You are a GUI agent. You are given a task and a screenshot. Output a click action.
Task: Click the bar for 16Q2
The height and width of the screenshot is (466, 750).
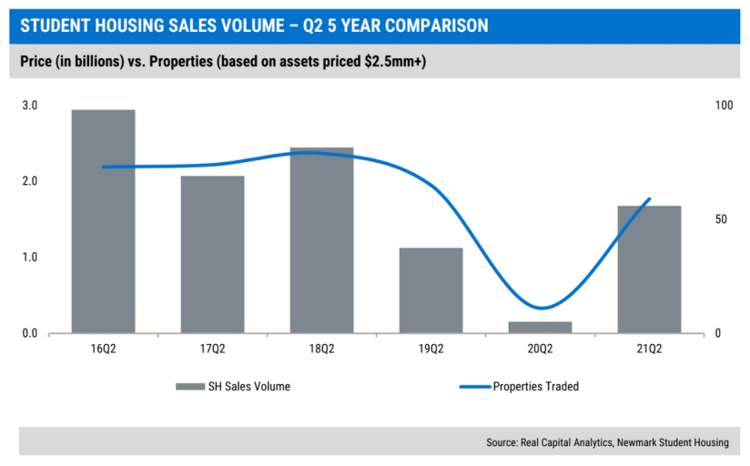[103, 221]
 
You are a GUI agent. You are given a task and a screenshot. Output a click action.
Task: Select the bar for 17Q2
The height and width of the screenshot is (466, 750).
[212, 254]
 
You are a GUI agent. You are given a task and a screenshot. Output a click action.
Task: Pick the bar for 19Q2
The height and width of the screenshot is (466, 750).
[431, 289]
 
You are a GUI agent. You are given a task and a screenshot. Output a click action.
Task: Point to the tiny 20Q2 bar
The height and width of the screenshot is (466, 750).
[540, 327]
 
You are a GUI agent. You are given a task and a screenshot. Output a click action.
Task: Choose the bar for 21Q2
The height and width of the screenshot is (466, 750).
[649, 268]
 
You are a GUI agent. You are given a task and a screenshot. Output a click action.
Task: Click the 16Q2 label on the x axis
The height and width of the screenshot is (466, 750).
[103, 349]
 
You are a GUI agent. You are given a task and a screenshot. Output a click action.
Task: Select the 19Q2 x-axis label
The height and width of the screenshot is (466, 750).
[431, 349]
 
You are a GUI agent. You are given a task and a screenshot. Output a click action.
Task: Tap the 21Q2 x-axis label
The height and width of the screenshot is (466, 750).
[649, 349]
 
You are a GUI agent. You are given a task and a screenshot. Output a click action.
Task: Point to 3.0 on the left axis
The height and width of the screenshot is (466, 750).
[29, 106]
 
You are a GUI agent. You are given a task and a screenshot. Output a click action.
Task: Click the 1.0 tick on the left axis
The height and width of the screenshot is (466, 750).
[29, 258]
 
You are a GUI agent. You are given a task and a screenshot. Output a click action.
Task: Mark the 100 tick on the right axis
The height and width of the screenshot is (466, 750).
[724, 106]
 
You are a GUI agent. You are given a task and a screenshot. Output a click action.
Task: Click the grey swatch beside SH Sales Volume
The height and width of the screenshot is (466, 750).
[190, 387]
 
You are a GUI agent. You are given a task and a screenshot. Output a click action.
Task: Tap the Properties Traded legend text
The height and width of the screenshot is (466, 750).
[535, 387]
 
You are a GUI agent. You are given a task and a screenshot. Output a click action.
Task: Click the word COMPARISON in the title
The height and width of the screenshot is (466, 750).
[431, 25]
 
